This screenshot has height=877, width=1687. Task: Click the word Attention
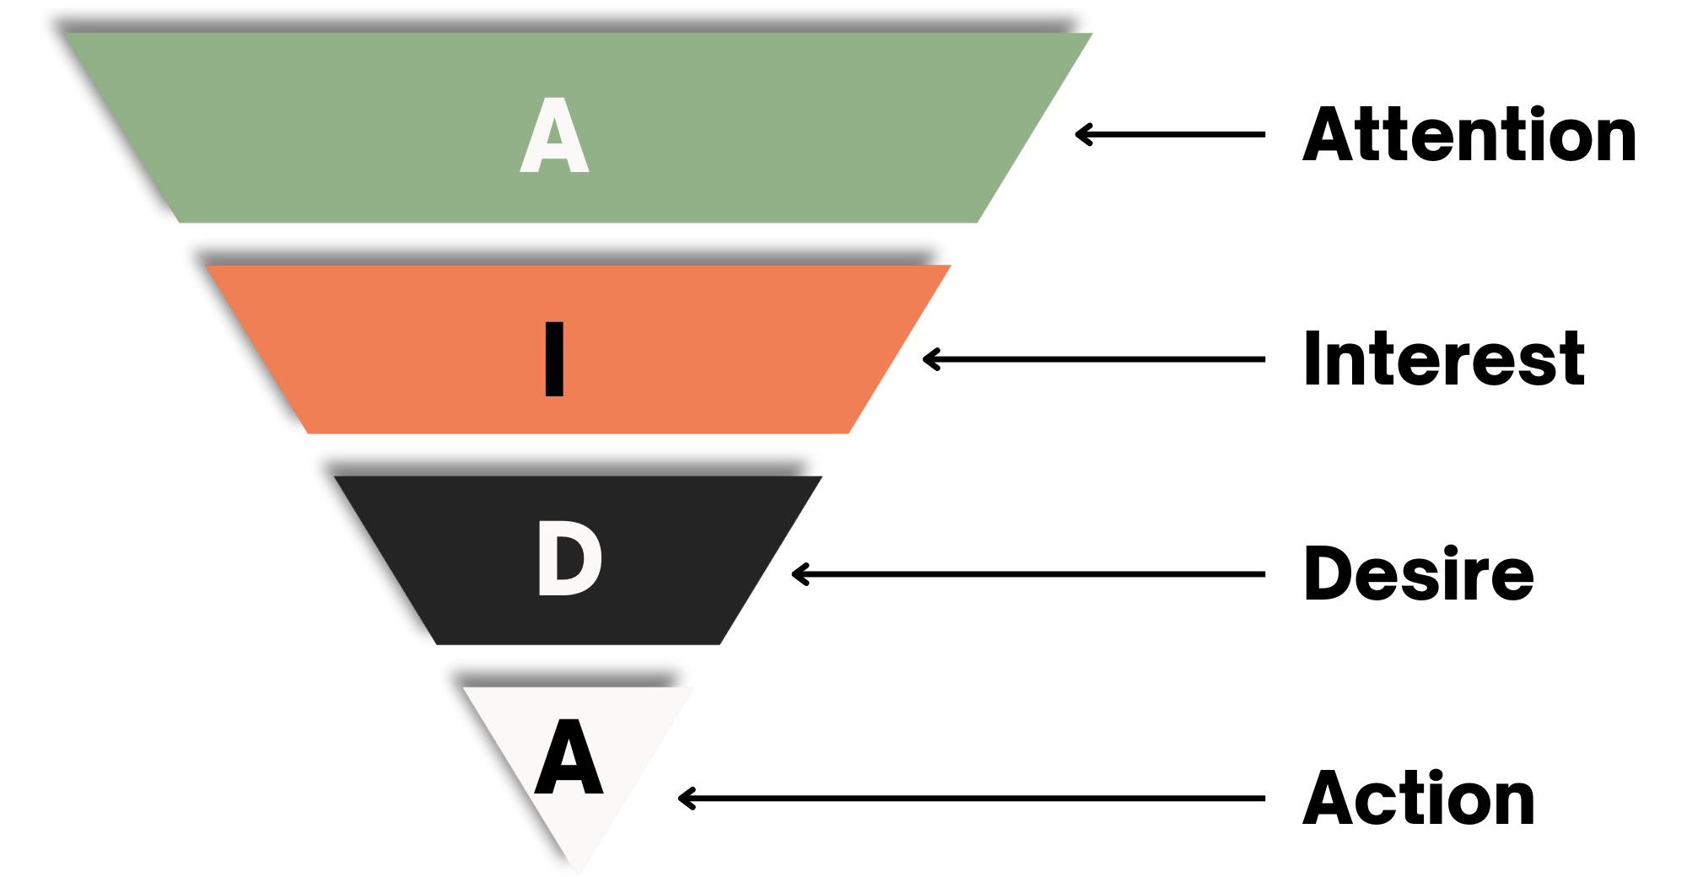click(x=1469, y=135)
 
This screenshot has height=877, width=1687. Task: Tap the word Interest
click(x=1443, y=359)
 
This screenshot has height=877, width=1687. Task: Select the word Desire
click(x=1418, y=574)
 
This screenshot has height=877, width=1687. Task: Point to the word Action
click(x=1418, y=799)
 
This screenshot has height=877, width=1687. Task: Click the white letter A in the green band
click(x=554, y=136)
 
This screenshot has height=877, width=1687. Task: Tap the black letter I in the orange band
click(x=554, y=359)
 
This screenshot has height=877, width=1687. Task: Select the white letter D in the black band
click(x=569, y=559)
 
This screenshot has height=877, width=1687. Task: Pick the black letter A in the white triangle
click(x=569, y=758)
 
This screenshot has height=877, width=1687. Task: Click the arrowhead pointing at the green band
click(x=1081, y=134)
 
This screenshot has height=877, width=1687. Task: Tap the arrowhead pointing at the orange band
click(x=929, y=359)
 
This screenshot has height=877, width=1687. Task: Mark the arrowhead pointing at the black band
click(x=797, y=574)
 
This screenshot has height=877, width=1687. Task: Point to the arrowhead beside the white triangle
click(x=683, y=799)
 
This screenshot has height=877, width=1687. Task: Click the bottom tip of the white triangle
click(x=579, y=870)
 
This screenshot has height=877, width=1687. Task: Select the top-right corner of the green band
click(x=1091, y=35)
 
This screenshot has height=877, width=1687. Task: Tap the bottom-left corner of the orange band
click(x=309, y=433)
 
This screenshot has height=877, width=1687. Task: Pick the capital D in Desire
click(x=1329, y=574)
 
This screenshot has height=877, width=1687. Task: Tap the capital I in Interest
click(x=1312, y=359)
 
